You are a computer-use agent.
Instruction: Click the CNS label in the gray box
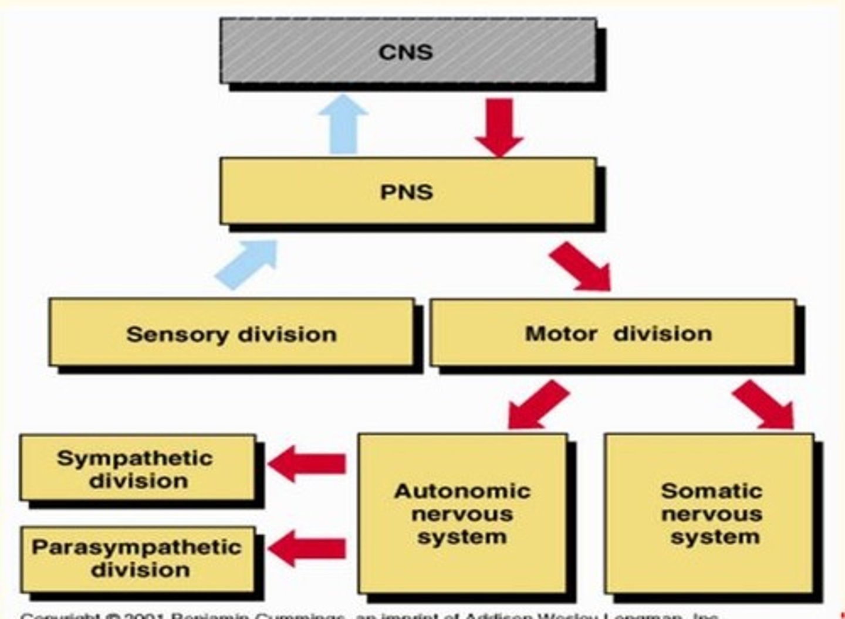405,52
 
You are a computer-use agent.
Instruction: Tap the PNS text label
406,192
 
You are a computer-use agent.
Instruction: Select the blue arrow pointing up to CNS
343,125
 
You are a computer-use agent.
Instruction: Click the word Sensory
177,335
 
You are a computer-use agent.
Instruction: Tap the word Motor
560,334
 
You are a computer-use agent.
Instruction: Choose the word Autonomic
462,491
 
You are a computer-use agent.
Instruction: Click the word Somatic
711,491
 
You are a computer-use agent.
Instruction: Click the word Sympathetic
135,458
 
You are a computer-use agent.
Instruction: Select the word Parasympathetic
137,547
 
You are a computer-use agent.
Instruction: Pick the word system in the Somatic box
715,536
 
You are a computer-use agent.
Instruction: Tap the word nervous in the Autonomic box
462,514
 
